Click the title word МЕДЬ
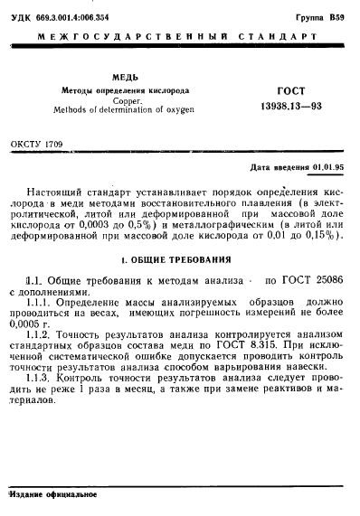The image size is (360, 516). click(x=124, y=79)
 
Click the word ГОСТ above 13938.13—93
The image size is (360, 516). click(x=289, y=92)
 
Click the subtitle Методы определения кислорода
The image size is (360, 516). click(x=124, y=91)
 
